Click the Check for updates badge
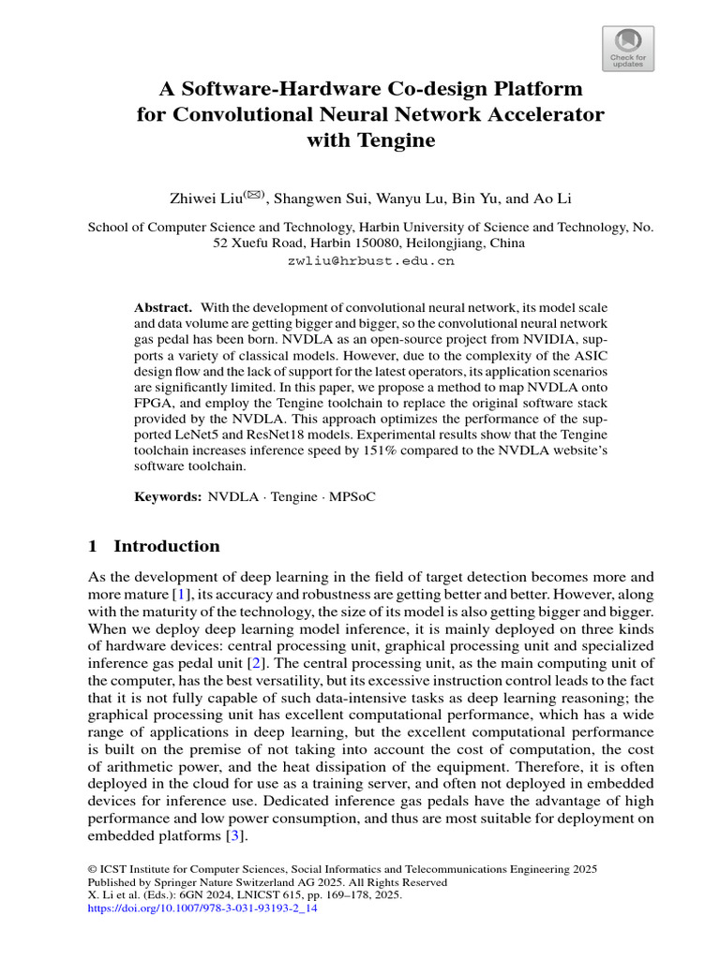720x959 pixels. pyautogui.click(x=627, y=49)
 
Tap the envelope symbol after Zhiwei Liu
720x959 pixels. pyautogui.click(x=256, y=195)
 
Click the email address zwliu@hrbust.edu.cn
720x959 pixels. pyautogui.click(x=370, y=261)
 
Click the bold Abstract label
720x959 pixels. pyautogui.click(x=162, y=307)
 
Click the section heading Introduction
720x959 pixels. pyautogui.click(x=166, y=546)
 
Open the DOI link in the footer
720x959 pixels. pyautogui.click(x=202, y=908)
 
